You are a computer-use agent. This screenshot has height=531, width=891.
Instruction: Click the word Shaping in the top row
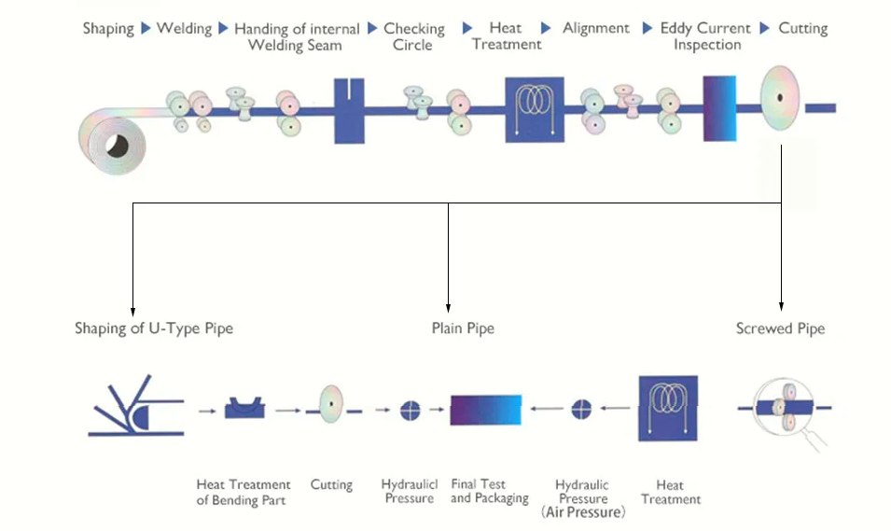click(108, 28)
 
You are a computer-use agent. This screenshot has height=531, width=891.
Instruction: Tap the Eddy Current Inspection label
click(705, 36)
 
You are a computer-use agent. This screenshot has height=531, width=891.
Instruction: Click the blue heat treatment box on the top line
click(536, 109)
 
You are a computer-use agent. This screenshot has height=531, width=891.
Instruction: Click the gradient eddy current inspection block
click(720, 109)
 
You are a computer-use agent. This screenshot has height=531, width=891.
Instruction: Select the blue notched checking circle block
click(349, 110)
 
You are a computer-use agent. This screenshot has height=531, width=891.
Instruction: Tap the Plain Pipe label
click(463, 328)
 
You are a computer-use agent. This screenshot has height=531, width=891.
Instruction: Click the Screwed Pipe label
click(780, 328)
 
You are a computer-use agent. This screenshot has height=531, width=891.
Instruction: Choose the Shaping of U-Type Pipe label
click(154, 328)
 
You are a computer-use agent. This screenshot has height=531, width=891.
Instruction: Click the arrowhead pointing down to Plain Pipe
click(449, 307)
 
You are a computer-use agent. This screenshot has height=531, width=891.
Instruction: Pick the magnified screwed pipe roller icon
click(784, 408)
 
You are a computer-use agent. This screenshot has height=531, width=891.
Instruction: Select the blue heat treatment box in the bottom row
click(669, 408)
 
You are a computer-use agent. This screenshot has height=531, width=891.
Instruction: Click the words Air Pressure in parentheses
click(583, 512)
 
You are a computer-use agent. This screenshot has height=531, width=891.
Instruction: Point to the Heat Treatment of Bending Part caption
click(244, 492)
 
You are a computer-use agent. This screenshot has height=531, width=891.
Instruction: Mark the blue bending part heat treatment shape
click(246, 408)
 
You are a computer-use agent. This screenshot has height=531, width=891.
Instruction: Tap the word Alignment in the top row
click(597, 28)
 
